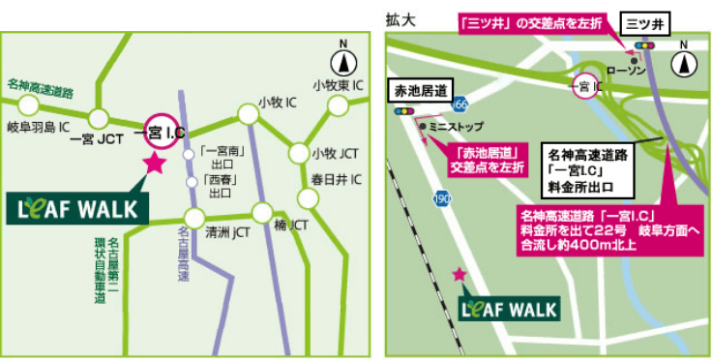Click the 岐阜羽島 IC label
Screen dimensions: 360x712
tap(37, 127)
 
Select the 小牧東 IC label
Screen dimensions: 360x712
tap(338, 85)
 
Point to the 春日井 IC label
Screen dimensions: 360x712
tap(336, 180)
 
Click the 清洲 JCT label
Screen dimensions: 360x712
tap(228, 233)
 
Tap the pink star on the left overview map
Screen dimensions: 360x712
tap(153, 164)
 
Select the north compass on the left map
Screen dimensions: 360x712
tap(341, 60)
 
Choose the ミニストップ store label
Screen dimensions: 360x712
tap(454, 127)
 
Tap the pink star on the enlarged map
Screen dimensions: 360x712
tap(459, 275)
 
